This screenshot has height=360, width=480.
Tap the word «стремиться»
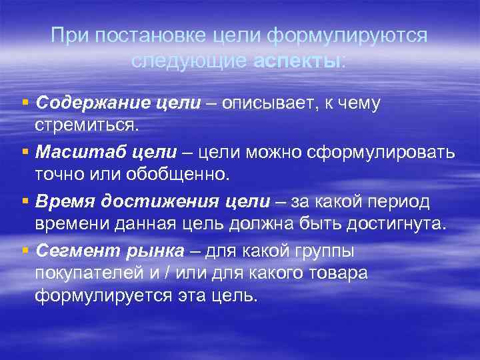coord(85,125)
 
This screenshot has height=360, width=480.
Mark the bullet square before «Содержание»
coord(25,103)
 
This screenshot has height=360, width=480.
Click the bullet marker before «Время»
coord(25,201)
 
